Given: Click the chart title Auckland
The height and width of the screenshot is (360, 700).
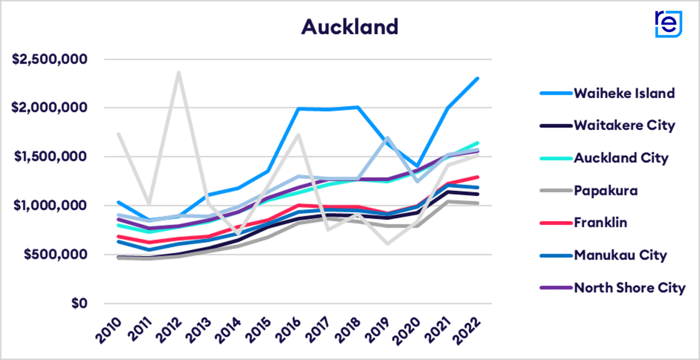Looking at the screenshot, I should click(x=349, y=27).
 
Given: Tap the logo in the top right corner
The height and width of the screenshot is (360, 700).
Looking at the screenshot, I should click(x=668, y=24).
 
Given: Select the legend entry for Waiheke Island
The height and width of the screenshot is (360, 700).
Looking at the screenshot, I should click(x=624, y=93).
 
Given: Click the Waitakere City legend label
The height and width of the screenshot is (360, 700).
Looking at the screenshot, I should click(x=624, y=125).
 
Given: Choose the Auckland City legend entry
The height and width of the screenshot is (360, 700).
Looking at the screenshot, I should click(x=621, y=158).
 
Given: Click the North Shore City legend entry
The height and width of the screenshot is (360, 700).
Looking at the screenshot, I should click(x=629, y=288).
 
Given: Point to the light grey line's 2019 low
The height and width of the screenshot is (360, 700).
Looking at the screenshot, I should click(x=388, y=243).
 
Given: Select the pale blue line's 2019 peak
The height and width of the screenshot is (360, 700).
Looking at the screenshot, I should click(x=388, y=138).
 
